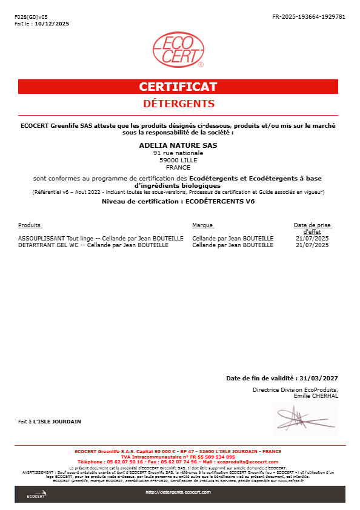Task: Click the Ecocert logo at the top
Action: [x=178, y=50]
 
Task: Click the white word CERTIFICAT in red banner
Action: [x=178, y=87]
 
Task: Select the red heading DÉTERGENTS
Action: [x=178, y=104]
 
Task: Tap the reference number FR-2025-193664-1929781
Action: [x=309, y=17]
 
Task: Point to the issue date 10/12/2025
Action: [x=53, y=24]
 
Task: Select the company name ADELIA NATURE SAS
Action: [x=178, y=145]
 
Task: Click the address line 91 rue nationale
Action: [x=178, y=153]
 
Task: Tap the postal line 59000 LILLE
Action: [x=178, y=160]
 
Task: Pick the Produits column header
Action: [x=30, y=225]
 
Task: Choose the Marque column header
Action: [x=202, y=225]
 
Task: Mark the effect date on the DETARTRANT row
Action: [x=312, y=245]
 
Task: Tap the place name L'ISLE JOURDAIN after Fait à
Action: [x=57, y=421]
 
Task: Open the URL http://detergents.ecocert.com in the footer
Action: [x=178, y=492]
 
